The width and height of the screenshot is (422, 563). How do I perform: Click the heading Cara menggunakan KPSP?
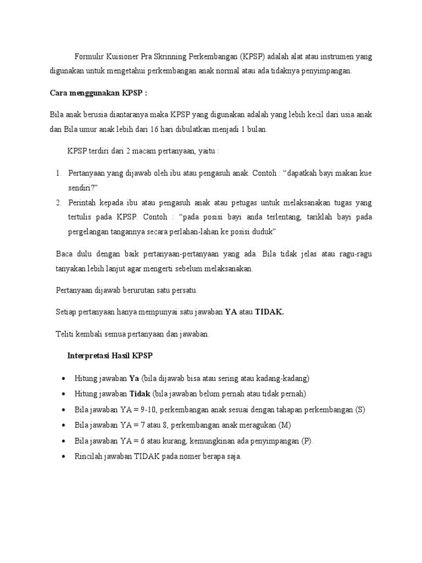pos(98,93)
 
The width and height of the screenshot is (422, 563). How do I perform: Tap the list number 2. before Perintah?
pos(59,203)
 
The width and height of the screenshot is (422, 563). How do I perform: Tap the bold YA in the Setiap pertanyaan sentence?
pos(231,312)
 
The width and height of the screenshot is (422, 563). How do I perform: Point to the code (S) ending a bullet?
pos(359,410)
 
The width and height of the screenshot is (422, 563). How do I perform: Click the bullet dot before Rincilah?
pos(64,457)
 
